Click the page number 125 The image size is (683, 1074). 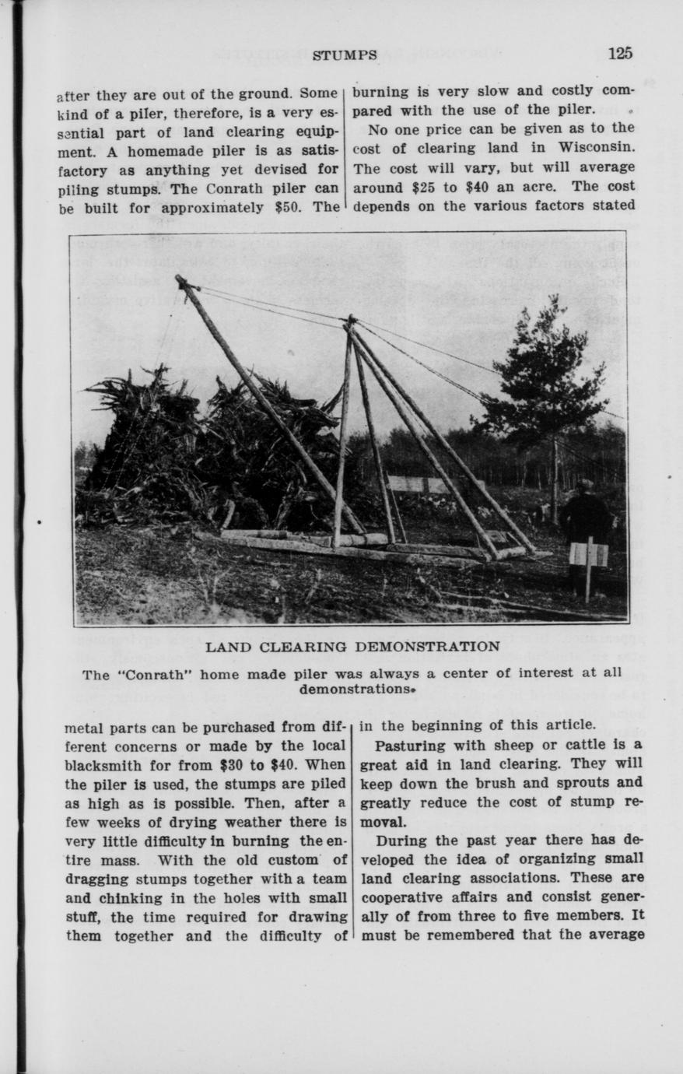(x=621, y=53)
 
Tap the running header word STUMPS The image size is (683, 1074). (x=345, y=54)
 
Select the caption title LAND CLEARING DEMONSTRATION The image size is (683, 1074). (x=352, y=647)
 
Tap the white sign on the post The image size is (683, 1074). (x=588, y=553)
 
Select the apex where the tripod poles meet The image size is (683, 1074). (x=351, y=319)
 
